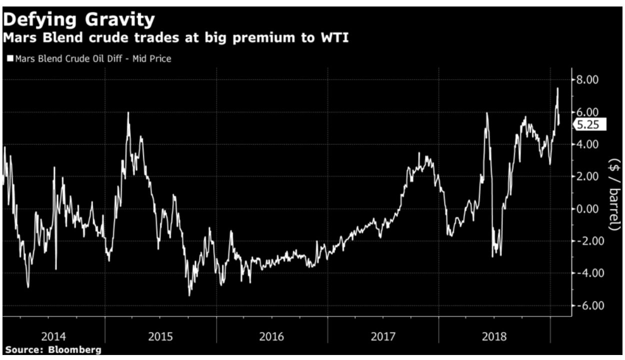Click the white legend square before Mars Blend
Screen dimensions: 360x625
click(x=9, y=59)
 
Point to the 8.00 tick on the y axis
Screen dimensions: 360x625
click(x=588, y=79)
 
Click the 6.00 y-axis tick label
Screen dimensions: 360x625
click(x=588, y=112)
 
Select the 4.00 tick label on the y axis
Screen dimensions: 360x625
click(x=588, y=144)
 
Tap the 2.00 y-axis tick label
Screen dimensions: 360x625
click(x=588, y=176)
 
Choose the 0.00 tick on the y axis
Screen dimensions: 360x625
click(x=588, y=208)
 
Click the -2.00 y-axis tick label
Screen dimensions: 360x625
click(x=586, y=241)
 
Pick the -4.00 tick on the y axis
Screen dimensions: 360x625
click(x=586, y=273)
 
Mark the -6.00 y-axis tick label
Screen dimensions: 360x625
click(x=586, y=305)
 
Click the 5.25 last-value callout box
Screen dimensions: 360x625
click(x=590, y=125)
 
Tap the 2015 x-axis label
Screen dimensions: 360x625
click(x=161, y=336)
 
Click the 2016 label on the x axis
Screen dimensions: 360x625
click(x=271, y=336)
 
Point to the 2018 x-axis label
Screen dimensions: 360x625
click(x=494, y=336)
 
